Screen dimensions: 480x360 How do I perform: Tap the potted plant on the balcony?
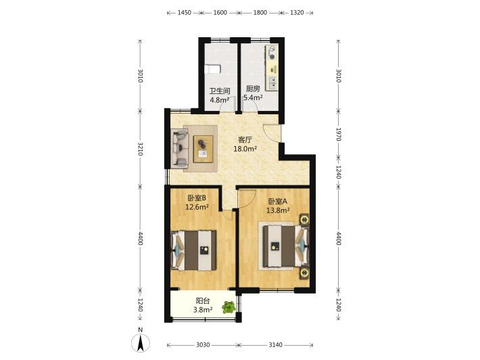[229, 307]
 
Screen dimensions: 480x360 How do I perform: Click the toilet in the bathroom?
[212, 69]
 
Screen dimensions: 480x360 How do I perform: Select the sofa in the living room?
[181, 149]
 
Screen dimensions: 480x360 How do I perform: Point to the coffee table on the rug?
[203, 149]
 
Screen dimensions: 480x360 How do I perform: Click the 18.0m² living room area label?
[245, 149]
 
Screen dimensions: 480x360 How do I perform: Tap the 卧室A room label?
[278, 201]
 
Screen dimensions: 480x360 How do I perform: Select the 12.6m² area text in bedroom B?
[197, 207]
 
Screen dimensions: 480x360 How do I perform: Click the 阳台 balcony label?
[203, 301]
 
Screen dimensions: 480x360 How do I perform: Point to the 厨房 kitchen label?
[253, 89]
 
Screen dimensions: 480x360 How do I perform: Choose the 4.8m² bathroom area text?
[220, 99]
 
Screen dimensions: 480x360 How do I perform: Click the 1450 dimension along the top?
[185, 13]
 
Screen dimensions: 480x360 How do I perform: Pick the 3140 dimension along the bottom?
[275, 345]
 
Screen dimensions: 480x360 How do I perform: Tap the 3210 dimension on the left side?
[140, 149]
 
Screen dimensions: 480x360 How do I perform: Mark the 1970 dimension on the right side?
[338, 134]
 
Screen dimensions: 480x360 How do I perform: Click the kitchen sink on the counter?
[272, 82]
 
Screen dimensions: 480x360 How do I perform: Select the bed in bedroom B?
[193, 250]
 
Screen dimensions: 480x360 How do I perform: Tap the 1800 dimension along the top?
[260, 13]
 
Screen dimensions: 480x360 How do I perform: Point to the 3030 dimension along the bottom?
[203, 345]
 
